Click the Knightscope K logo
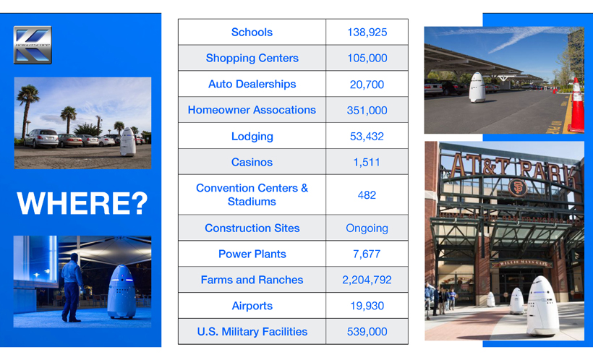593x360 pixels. pyautogui.click(x=33, y=45)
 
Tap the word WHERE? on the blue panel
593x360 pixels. pyautogui.click(x=82, y=203)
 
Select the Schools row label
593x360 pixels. pyautogui.click(x=252, y=32)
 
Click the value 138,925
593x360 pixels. pyautogui.click(x=367, y=32)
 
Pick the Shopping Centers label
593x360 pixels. pyautogui.click(x=252, y=59)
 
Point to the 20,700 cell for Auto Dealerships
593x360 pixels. pyautogui.click(x=367, y=85)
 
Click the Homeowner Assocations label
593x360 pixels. pyautogui.click(x=252, y=110)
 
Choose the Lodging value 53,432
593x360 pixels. pyautogui.click(x=367, y=136)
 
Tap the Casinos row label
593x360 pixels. pyautogui.click(x=252, y=162)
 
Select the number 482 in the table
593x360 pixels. pyautogui.click(x=367, y=195)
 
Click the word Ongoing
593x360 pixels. pyautogui.click(x=367, y=228)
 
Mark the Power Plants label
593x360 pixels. pyautogui.click(x=252, y=254)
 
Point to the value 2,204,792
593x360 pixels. pyautogui.click(x=367, y=280)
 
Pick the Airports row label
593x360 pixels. pyautogui.click(x=252, y=306)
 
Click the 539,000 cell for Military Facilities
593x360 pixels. pyautogui.click(x=367, y=332)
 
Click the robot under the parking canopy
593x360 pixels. pyautogui.click(x=477, y=87)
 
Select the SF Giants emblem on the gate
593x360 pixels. pyautogui.click(x=518, y=187)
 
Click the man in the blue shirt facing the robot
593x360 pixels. pyautogui.click(x=72, y=288)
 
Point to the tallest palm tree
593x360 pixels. pyautogui.click(x=27, y=110)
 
